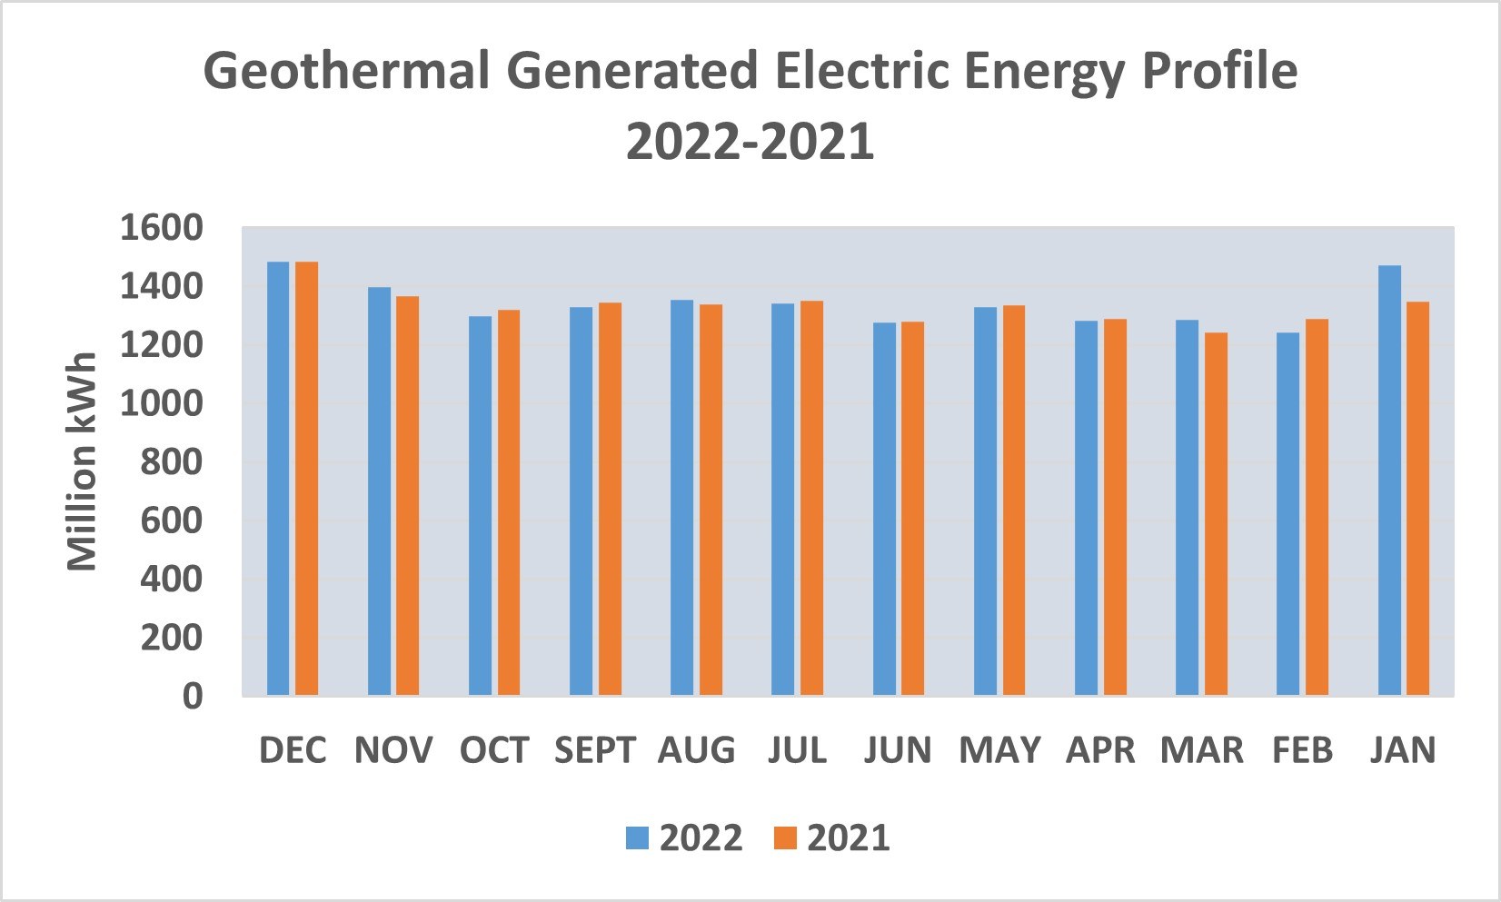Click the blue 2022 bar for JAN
coord(1389,481)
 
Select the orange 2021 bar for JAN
coord(1417,499)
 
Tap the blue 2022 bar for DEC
coord(278,479)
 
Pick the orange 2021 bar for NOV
coord(407,496)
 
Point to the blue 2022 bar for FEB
coord(1287,514)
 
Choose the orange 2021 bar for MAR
coord(1216,514)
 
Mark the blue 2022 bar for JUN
coord(884,510)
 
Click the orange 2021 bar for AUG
coord(711,501)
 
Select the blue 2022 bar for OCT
coord(480,506)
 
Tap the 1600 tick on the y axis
coord(161,228)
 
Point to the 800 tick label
coord(171,462)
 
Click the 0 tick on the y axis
coord(192,697)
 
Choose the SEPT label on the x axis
coord(595,750)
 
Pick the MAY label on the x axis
coord(999,750)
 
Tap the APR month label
coord(1100,750)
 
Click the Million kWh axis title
coord(82,461)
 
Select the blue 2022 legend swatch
coord(638,838)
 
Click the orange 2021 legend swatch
coord(785,838)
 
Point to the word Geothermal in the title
coord(345,71)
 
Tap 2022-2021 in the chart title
coord(750,142)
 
